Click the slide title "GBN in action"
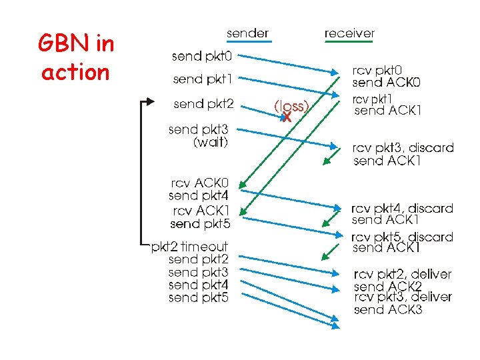(77, 58)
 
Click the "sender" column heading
(247, 33)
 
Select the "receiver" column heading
(349, 33)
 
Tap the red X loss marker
(287, 117)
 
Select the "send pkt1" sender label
(203, 79)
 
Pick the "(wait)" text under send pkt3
(211, 143)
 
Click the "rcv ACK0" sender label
(199, 183)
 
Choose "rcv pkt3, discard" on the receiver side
(403, 147)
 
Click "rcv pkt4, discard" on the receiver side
(402, 208)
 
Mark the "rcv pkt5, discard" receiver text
(402, 237)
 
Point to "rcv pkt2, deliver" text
(403, 274)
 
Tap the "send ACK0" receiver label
(387, 83)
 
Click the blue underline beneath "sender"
(247, 41)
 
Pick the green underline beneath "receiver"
(349, 41)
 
